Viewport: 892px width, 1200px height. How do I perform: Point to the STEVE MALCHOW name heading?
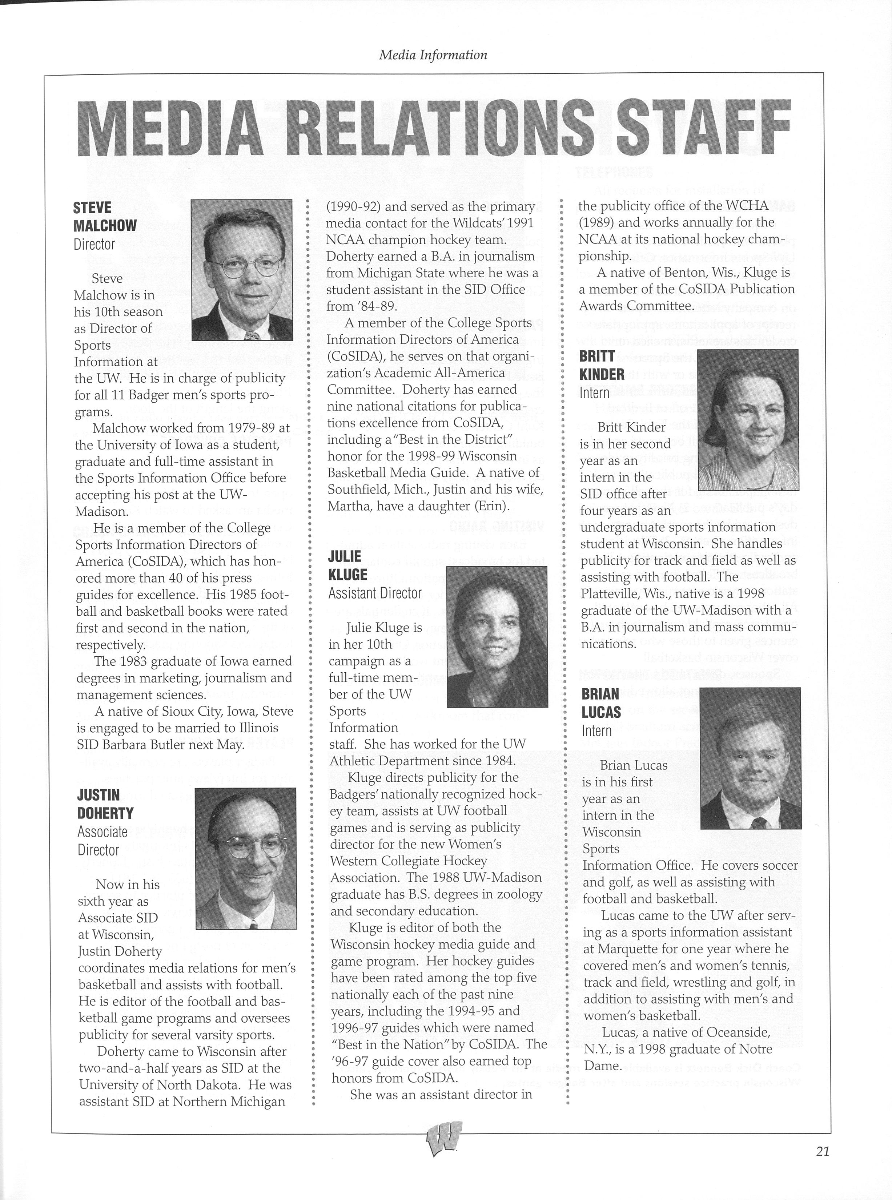click(105, 217)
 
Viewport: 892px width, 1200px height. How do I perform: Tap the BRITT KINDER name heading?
click(602, 365)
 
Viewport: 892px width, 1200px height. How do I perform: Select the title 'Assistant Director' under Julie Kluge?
click(375, 593)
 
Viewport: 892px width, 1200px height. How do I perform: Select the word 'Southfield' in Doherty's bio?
click(355, 490)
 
